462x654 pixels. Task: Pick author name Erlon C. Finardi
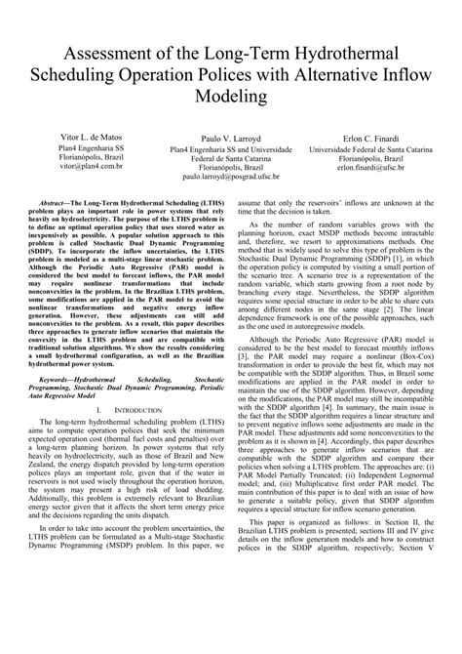375,139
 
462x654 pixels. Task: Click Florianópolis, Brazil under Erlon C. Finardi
375,159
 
